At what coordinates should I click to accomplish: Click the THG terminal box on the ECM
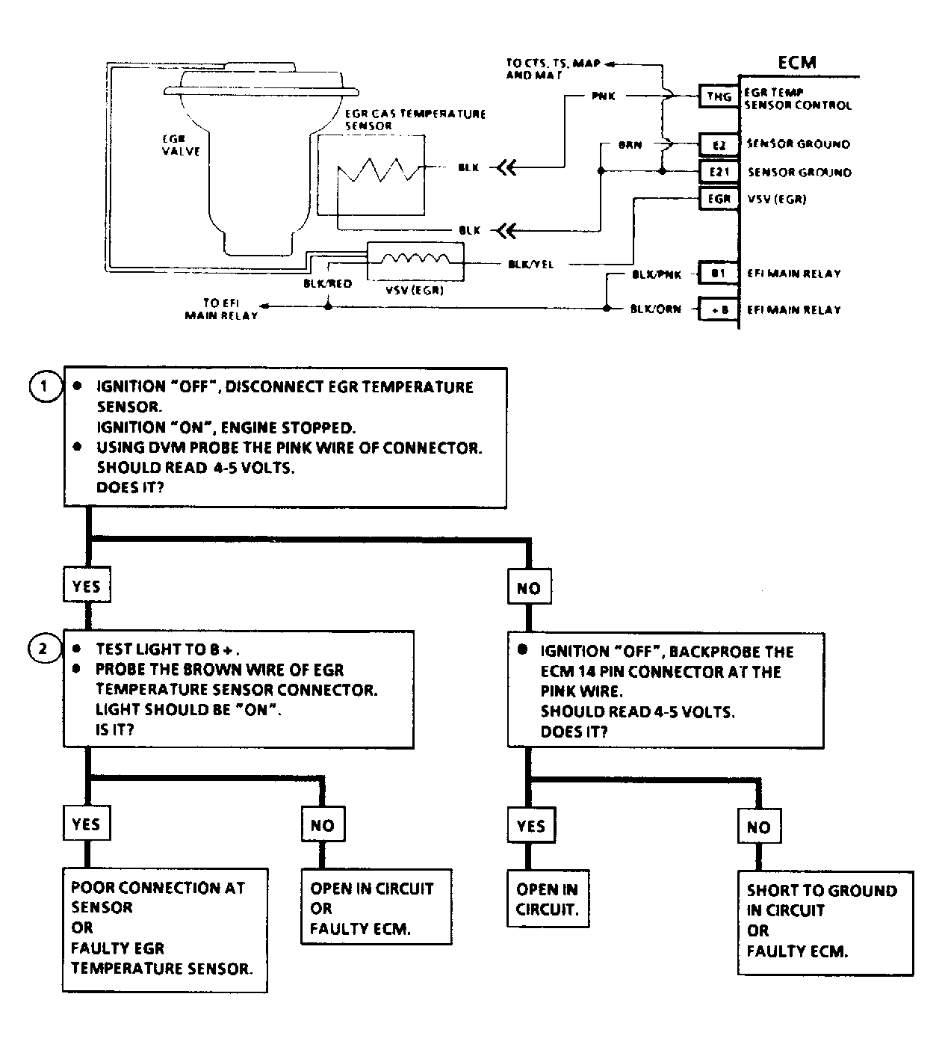coord(719,96)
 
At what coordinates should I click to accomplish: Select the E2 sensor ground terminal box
coord(719,145)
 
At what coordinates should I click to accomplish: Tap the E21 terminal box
coord(719,172)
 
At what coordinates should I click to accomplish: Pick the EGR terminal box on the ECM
coord(719,200)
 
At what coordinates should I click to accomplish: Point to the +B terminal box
coord(719,309)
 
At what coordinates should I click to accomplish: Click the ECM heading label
coord(796,63)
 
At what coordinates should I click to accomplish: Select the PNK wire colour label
coord(603,96)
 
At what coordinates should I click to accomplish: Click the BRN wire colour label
coord(630,145)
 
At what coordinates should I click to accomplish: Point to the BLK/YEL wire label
coord(530,265)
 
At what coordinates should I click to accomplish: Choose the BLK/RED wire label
coord(327,284)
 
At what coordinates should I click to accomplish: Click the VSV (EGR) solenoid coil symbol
coord(415,261)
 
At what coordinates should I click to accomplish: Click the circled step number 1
coord(44,386)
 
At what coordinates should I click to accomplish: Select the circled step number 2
coord(43,649)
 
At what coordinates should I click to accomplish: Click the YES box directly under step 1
coord(87,587)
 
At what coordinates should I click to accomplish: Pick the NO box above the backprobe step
coord(528,588)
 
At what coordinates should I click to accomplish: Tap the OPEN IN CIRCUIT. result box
coord(548,899)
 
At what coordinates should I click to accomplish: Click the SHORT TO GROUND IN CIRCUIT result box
coord(825,921)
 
